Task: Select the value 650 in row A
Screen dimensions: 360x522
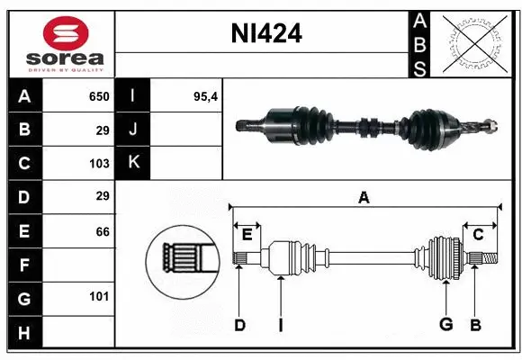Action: [98, 96]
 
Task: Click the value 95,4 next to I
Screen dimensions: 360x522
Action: [206, 96]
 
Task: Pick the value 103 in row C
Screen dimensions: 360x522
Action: [99, 164]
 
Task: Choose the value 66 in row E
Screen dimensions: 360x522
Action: [103, 231]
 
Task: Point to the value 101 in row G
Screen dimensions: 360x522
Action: [99, 296]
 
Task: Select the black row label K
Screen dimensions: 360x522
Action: [133, 163]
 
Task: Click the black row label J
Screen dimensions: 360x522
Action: [133, 130]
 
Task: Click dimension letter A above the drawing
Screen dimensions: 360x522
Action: [364, 198]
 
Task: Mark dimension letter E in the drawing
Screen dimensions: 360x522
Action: [247, 234]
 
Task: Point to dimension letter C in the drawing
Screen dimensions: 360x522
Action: [478, 234]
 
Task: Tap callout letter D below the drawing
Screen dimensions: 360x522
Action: [239, 325]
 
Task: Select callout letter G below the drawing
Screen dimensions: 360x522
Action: [445, 325]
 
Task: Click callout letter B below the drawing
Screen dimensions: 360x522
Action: [475, 325]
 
